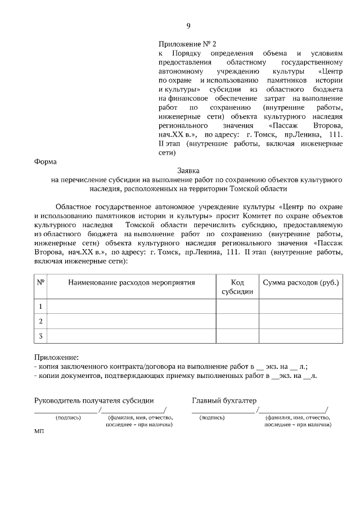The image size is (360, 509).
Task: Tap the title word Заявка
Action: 188,170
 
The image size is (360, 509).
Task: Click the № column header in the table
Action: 40,282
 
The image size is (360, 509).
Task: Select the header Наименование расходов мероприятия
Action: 132,282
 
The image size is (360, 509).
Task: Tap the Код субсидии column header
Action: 237,286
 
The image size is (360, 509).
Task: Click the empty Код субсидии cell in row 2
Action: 237,321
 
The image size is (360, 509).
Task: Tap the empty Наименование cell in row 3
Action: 132,336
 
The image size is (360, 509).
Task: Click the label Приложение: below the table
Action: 57,357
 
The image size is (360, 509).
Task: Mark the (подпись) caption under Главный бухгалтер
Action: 212,418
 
